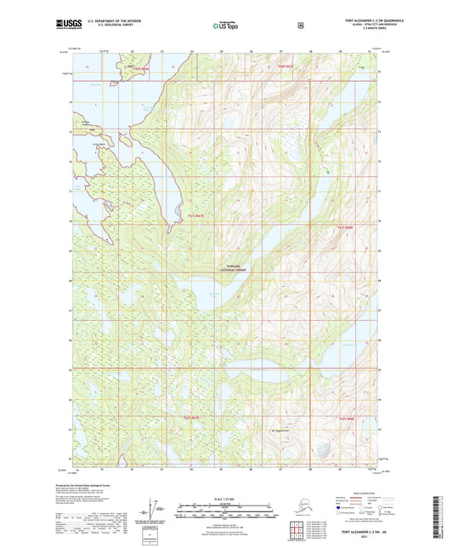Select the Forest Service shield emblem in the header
[x=299, y=26]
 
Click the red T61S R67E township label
[x=196, y=217]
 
